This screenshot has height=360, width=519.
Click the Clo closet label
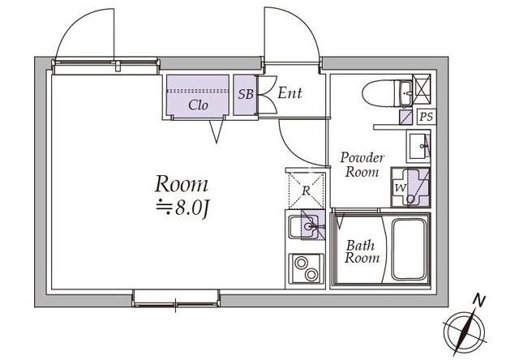pos(198,105)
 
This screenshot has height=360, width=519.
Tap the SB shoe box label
pos(246,94)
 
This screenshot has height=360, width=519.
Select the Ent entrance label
pos(290,93)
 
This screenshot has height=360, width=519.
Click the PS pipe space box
pos(427,117)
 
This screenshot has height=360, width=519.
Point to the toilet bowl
pos(380,93)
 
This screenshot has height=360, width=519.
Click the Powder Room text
pos(362,165)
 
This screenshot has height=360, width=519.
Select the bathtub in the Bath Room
pos(409,250)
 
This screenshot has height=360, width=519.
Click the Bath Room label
pos(362,251)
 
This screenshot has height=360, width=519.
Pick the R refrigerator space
pos(307,191)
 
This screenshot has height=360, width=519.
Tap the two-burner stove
pos(307,268)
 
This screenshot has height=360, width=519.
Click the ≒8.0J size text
pos(182,208)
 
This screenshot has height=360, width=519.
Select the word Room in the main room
pos(182,184)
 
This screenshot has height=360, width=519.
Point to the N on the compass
pos(478,301)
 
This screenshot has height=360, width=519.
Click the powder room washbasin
pos(418,146)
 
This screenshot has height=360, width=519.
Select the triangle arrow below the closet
pos(217,131)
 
